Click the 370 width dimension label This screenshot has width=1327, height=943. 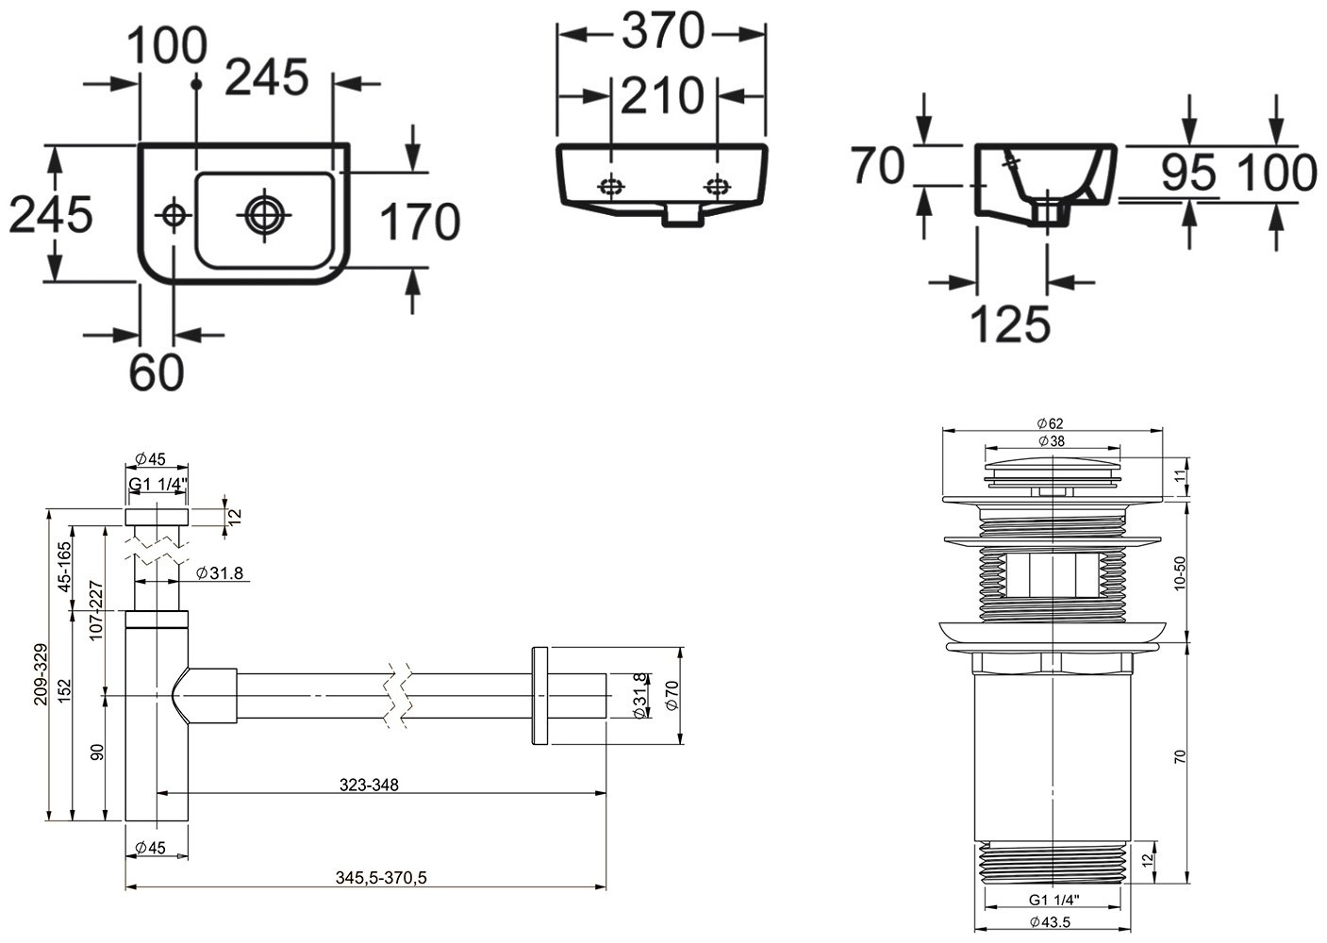(x=662, y=31)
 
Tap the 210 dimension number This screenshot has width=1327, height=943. (x=662, y=95)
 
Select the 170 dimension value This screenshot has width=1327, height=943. (x=420, y=222)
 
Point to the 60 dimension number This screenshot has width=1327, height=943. (x=157, y=372)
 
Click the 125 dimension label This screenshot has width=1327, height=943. (x=1011, y=323)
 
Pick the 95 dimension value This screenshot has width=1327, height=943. (x=1188, y=173)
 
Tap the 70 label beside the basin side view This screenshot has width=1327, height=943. (x=878, y=165)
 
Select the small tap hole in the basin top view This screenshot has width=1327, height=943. (x=174, y=216)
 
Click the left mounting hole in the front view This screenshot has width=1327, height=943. (x=611, y=187)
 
